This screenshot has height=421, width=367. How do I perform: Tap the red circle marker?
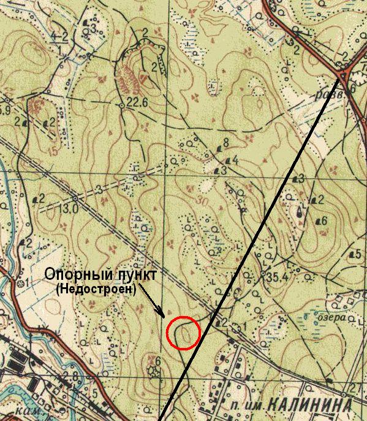(x=184, y=333)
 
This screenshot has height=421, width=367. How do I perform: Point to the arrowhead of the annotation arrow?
(x=162, y=314)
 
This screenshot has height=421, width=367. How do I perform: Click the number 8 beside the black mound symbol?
(x=227, y=142)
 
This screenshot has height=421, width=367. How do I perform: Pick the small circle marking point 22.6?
(x=121, y=106)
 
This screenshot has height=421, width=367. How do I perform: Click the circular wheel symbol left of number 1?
(x=235, y=328)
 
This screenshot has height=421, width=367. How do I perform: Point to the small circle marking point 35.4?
(x=263, y=274)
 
